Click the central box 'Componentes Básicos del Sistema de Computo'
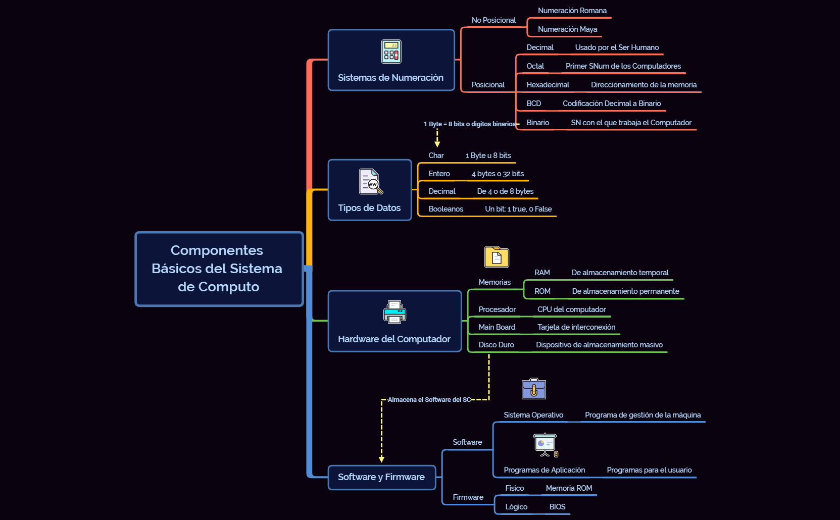pyautogui.click(x=219, y=269)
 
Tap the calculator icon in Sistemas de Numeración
pyautogui.click(x=391, y=51)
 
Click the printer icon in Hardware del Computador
pyautogui.click(x=394, y=312)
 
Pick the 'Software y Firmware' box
pyautogui.click(x=381, y=477)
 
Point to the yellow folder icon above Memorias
pyautogui.click(x=497, y=257)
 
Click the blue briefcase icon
pyautogui.click(x=533, y=389)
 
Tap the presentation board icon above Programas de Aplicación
pyautogui.click(x=546, y=444)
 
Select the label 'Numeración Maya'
pyautogui.click(x=567, y=29)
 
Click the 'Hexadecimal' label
pyautogui.click(x=548, y=85)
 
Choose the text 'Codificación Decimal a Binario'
pyautogui.click(x=611, y=103)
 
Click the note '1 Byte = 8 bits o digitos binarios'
pyautogui.click(x=469, y=124)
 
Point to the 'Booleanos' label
pyautogui.click(x=446, y=209)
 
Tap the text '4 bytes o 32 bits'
pyautogui.click(x=498, y=174)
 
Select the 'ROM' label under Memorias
pyautogui.click(x=542, y=291)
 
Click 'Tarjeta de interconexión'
pyautogui.click(x=576, y=327)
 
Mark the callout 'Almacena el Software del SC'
pyautogui.click(x=429, y=399)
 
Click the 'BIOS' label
pyautogui.click(x=557, y=507)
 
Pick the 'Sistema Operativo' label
pyautogui.click(x=533, y=415)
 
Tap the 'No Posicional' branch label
pyautogui.click(x=493, y=20)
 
